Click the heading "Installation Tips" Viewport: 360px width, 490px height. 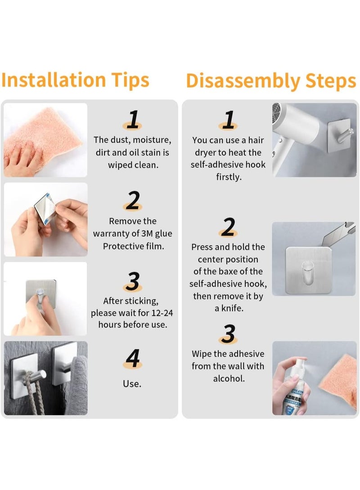click(x=75, y=80)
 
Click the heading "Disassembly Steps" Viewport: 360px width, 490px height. click(x=271, y=81)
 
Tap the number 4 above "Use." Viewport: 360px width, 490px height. click(x=133, y=358)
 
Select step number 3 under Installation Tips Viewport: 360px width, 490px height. click(x=132, y=281)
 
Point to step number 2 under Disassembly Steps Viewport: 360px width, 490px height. click(x=229, y=227)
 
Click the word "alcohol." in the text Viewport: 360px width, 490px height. click(x=229, y=379)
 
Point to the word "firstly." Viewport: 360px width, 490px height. click(x=229, y=177)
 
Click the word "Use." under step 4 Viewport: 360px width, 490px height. click(x=132, y=384)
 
